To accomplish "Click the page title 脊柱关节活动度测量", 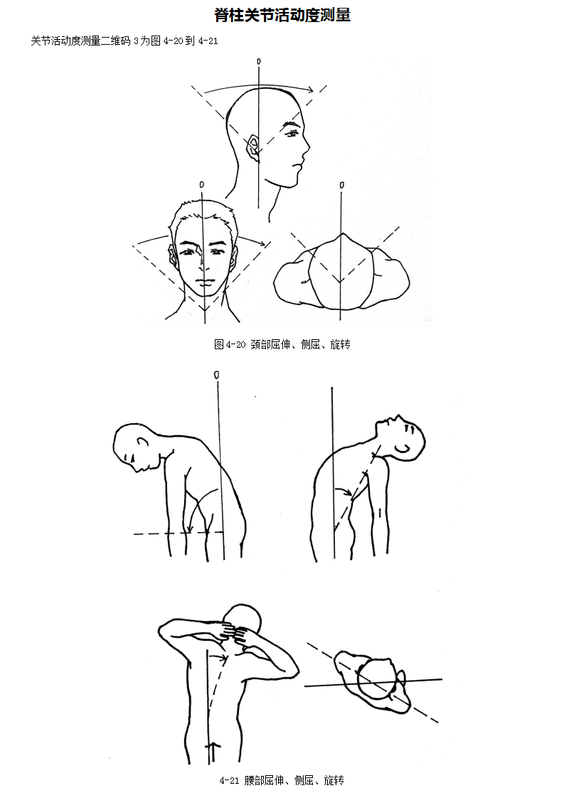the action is [282, 15].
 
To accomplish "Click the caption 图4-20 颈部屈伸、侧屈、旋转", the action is [282, 344].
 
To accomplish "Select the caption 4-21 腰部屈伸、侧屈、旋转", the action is [282, 780].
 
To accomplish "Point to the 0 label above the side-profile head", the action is [259, 62].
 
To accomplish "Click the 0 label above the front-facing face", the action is [202, 184].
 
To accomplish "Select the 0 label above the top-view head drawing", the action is [341, 185].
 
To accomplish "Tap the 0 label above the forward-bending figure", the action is [217, 375].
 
